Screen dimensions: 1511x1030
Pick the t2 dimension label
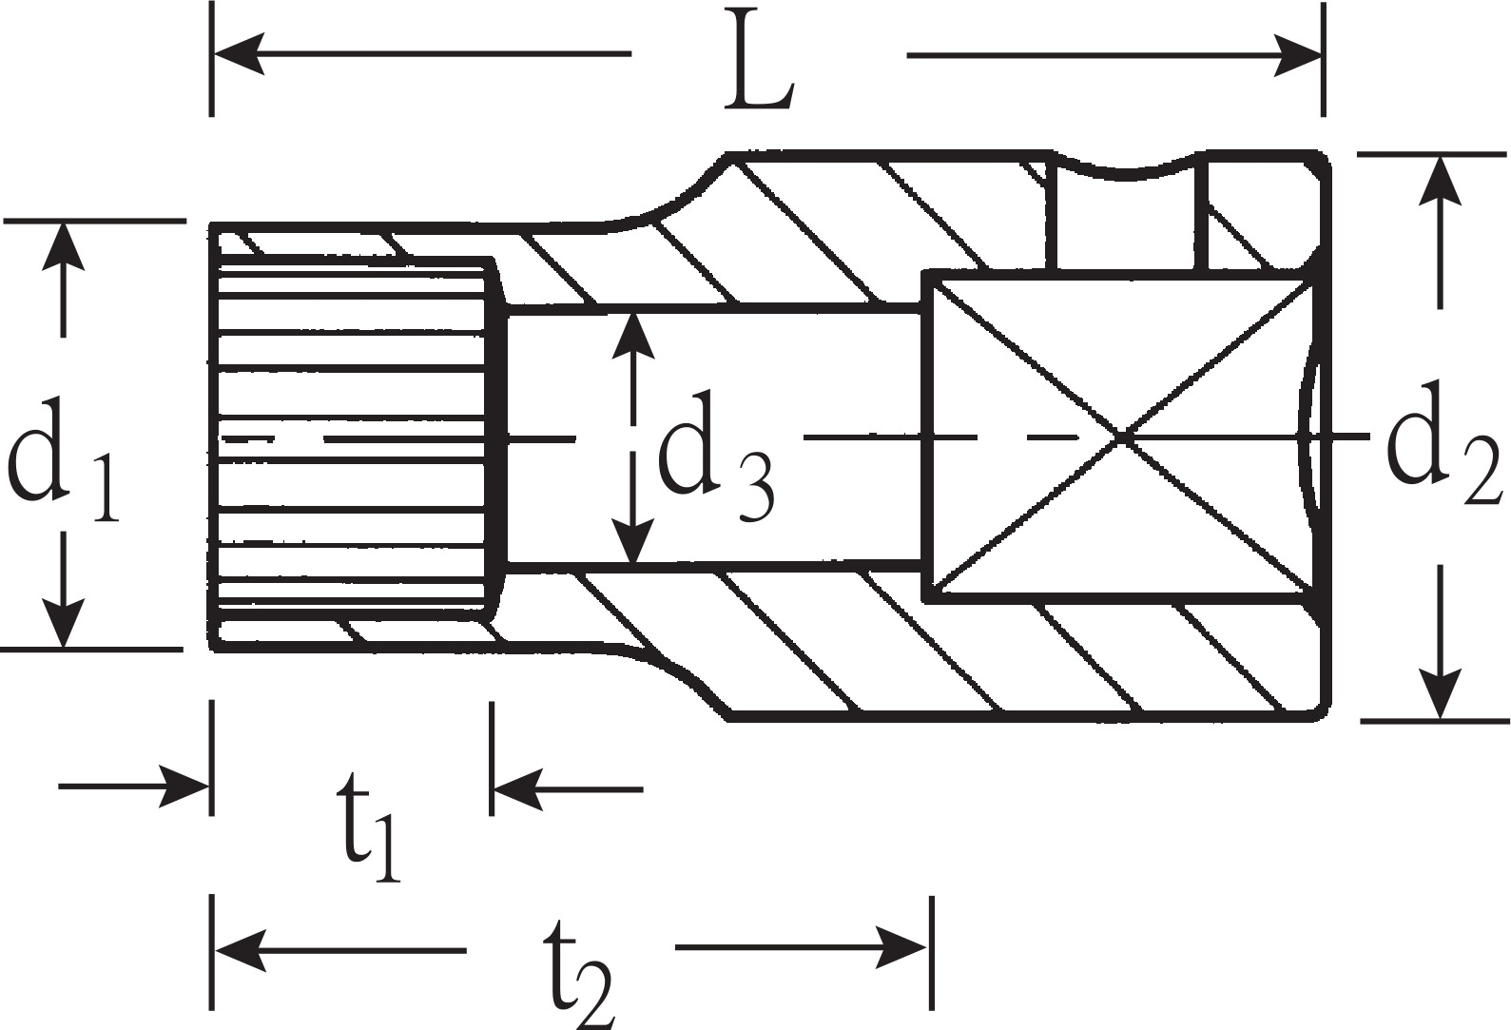[579, 971]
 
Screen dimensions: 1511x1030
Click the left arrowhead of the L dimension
[239, 53]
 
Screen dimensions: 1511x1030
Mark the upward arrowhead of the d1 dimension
[64, 245]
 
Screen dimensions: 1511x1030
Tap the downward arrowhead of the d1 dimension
[64, 623]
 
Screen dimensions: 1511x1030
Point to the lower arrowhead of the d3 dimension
[632, 539]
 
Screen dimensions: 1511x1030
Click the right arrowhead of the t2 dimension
[901, 947]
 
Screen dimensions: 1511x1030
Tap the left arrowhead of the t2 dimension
[240, 950]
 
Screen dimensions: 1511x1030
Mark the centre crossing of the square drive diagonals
[1121, 437]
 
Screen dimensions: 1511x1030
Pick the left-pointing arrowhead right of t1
[519, 789]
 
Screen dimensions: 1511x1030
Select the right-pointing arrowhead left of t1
[183, 786]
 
